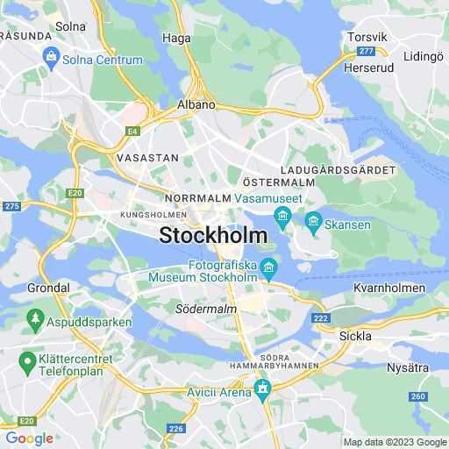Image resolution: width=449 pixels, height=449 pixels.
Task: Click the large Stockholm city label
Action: point(214,236)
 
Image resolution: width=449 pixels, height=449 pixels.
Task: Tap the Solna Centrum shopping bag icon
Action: point(50,60)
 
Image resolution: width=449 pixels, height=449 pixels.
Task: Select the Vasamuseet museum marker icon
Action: point(282,216)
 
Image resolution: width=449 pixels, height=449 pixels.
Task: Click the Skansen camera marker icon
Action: point(313,224)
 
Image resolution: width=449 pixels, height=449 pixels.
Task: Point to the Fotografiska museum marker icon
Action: point(270,266)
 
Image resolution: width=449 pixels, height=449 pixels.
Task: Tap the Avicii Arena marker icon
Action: point(260,387)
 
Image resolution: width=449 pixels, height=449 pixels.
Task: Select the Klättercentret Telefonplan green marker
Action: point(27,360)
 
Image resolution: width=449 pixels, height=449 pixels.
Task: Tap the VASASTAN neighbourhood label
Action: point(147,158)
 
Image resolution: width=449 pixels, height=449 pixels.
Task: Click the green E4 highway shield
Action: point(132,132)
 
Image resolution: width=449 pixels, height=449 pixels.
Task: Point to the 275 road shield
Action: point(11,206)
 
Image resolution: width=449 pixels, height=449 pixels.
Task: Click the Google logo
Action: point(28,438)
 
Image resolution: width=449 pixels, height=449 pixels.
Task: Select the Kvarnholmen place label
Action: point(388,288)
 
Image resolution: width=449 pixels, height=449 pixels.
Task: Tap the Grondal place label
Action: point(48,288)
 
